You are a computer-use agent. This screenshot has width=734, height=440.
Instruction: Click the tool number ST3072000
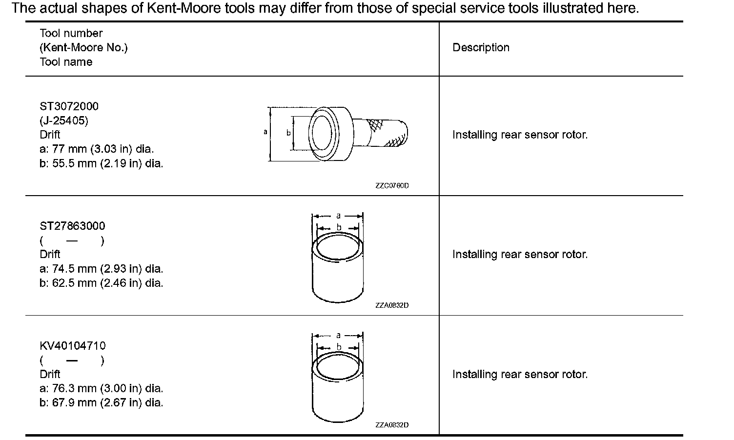tap(69, 106)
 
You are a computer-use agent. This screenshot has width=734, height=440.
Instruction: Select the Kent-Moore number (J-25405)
tap(64, 120)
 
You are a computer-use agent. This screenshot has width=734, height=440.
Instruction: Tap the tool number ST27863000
tap(72, 226)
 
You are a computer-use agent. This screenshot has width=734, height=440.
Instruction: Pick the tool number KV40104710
tap(72, 346)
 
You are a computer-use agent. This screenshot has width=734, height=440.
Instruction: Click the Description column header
tap(481, 48)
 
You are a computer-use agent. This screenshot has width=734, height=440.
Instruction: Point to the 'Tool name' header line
tap(66, 62)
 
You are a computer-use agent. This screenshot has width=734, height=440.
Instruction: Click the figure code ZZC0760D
tap(392, 186)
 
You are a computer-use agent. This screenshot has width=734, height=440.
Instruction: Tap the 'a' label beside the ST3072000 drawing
tap(265, 132)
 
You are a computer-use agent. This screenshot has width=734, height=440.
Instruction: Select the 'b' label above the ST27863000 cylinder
tap(338, 227)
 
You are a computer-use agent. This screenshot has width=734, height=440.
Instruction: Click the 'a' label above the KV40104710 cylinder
tap(338, 335)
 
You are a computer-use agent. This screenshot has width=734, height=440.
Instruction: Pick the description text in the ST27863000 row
tap(520, 255)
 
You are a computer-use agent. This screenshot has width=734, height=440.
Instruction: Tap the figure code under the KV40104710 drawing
tap(392, 425)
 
